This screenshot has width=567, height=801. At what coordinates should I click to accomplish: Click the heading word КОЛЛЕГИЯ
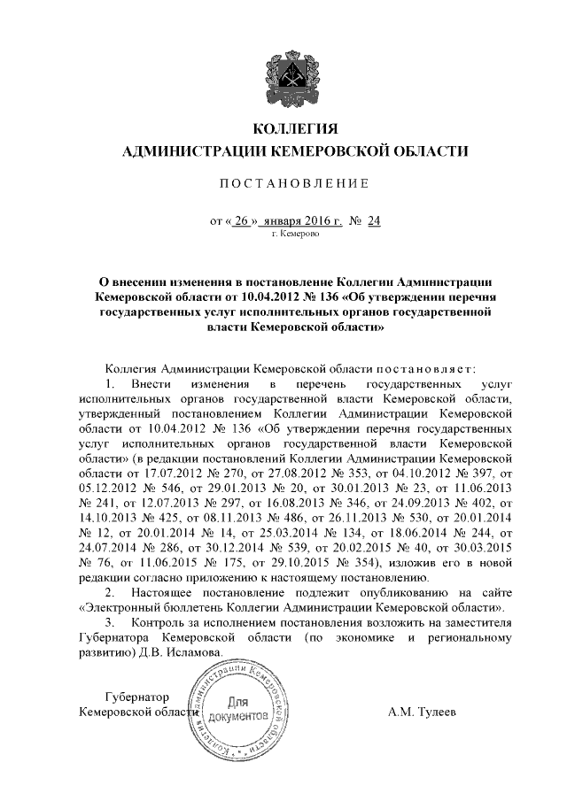tap(283, 131)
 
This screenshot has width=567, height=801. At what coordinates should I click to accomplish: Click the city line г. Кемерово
tap(283, 235)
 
